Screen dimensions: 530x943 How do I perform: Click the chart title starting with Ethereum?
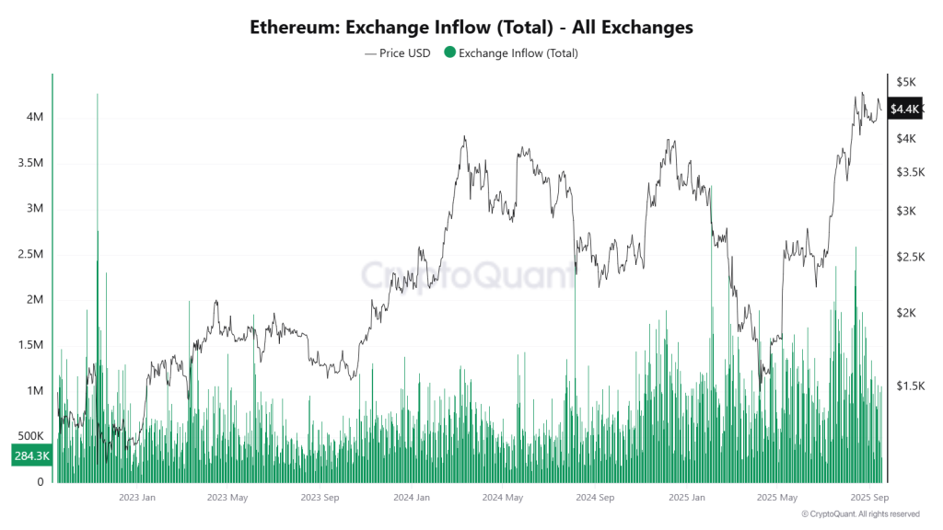pos(471,28)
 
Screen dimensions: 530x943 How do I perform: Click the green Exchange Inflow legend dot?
pos(449,52)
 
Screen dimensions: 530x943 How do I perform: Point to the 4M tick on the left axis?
pos(34,118)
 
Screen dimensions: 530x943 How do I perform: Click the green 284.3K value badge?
pos(30,455)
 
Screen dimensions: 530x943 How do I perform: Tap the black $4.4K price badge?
pos(905,109)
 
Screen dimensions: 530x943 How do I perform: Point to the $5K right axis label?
pos(907,82)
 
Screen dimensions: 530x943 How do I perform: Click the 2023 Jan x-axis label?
pos(137,498)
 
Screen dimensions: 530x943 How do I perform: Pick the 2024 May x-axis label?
pos(503,498)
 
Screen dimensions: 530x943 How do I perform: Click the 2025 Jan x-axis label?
pos(685,498)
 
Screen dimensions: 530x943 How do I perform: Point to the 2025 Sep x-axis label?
pos(867,498)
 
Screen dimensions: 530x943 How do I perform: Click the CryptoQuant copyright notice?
pos(860,514)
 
